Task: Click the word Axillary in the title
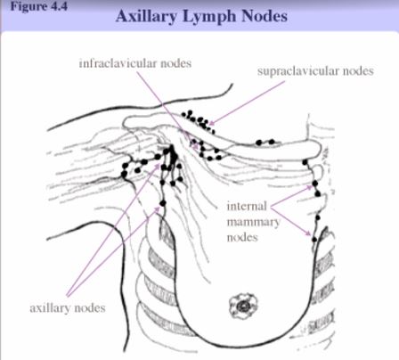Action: click(x=146, y=16)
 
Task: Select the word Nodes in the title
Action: click(x=265, y=16)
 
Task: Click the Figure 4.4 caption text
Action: click(x=39, y=6)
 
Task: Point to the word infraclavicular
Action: click(x=118, y=63)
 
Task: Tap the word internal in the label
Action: click(x=247, y=206)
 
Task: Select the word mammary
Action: click(x=253, y=223)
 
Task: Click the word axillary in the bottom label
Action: click(x=50, y=308)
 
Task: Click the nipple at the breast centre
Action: click(x=243, y=306)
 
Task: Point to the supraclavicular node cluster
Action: click(x=198, y=121)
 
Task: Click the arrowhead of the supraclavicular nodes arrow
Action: click(x=212, y=123)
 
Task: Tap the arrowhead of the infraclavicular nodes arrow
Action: click(x=195, y=145)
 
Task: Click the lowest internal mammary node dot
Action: click(x=314, y=239)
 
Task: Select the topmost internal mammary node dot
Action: click(x=305, y=162)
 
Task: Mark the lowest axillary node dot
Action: click(x=163, y=203)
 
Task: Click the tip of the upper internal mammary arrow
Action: click(x=312, y=187)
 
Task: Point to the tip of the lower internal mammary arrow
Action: click(x=311, y=234)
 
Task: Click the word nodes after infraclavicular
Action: click(x=175, y=63)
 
